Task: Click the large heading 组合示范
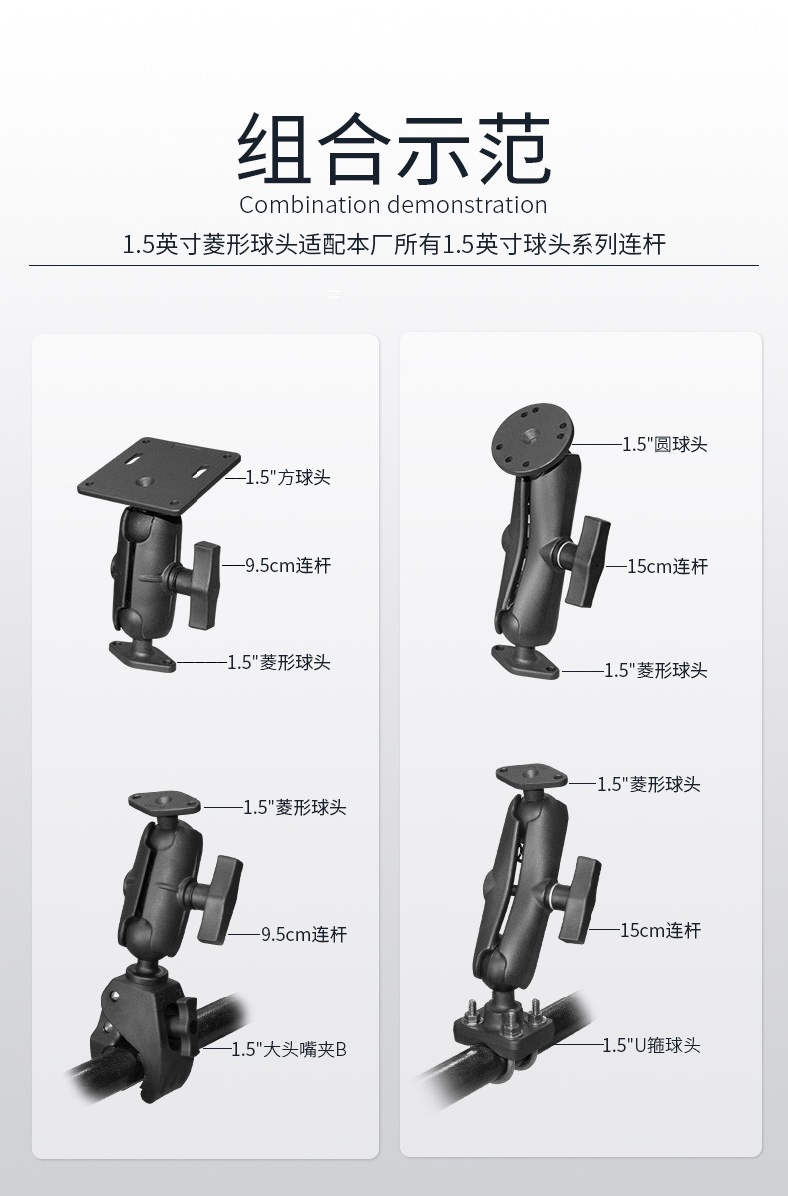(394, 148)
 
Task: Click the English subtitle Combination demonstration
(393, 205)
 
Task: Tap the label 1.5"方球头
(287, 478)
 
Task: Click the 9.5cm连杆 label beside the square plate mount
(287, 566)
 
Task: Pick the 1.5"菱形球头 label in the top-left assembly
(279, 662)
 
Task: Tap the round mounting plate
(531, 439)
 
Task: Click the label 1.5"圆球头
(665, 444)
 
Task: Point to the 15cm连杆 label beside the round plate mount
(667, 566)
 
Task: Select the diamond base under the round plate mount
(524, 660)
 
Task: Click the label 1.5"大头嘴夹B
(289, 1050)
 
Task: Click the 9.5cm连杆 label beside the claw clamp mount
(303, 934)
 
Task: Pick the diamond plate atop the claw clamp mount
(164, 803)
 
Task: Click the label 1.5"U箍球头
(651, 1045)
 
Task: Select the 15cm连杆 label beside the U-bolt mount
(660, 930)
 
